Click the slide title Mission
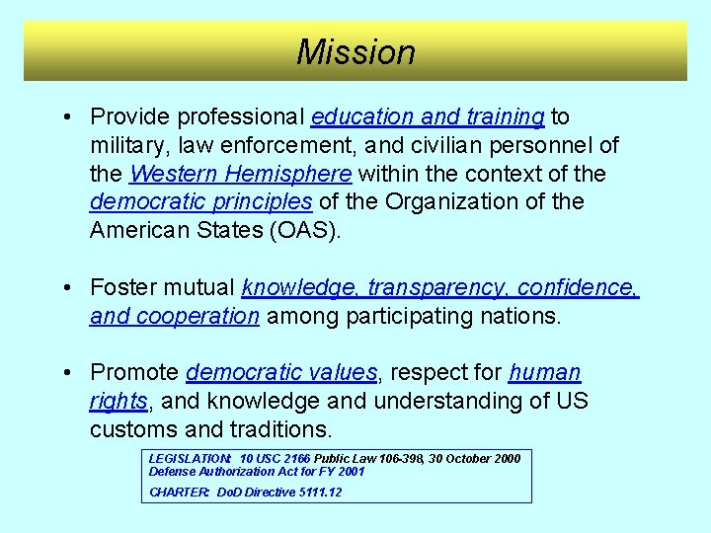[x=355, y=51]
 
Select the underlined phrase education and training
[x=427, y=117]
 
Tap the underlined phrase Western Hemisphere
[x=240, y=175]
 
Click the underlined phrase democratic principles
[x=200, y=202]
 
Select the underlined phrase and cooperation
[x=175, y=317]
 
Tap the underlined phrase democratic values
[x=281, y=373]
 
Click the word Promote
[x=134, y=373]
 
